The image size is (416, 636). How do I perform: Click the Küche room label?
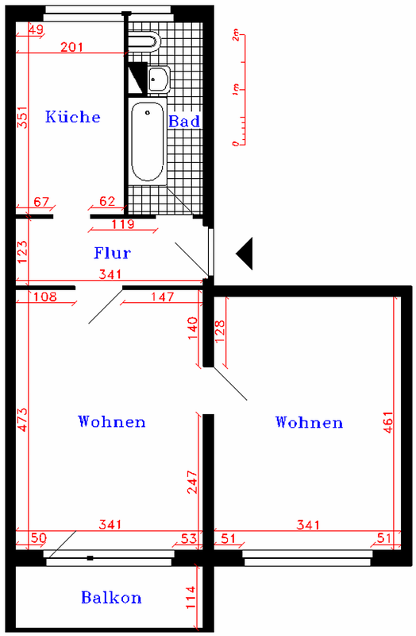click(72, 117)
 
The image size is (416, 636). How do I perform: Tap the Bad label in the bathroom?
click(184, 121)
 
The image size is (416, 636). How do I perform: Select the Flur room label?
click(112, 253)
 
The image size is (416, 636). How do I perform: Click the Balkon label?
click(111, 598)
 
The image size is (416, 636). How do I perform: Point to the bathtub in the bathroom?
click(148, 142)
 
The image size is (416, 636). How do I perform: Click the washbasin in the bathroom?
click(159, 79)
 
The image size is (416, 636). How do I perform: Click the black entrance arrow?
click(245, 254)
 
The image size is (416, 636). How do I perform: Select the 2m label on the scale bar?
click(236, 37)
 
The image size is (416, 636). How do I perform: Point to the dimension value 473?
click(22, 420)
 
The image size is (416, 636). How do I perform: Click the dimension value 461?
click(388, 422)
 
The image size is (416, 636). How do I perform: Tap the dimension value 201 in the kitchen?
click(71, 47)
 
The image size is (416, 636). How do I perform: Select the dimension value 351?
click(22, 117)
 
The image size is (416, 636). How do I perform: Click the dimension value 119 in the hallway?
click(123, 224)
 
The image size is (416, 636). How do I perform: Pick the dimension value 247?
click(192, 482)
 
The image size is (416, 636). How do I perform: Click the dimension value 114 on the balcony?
click(191, 597)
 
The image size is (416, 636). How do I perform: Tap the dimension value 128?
click(220, 332)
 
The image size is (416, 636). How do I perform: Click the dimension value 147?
click(163, 297)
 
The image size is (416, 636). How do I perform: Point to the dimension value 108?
click(45, 297)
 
